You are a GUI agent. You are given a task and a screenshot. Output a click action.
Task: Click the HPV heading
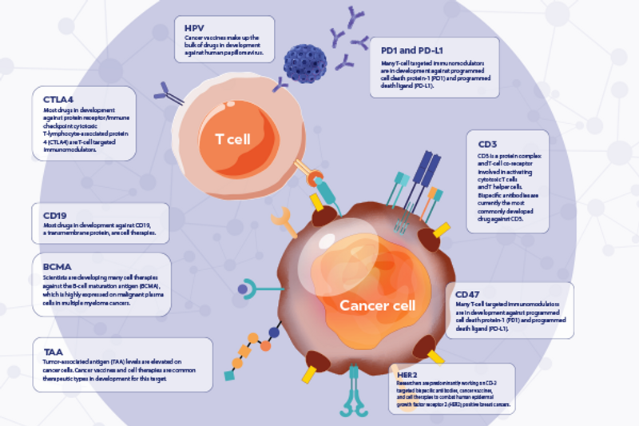(x=195, y=28)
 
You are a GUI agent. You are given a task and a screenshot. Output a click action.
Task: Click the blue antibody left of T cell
(x=169, y=94)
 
